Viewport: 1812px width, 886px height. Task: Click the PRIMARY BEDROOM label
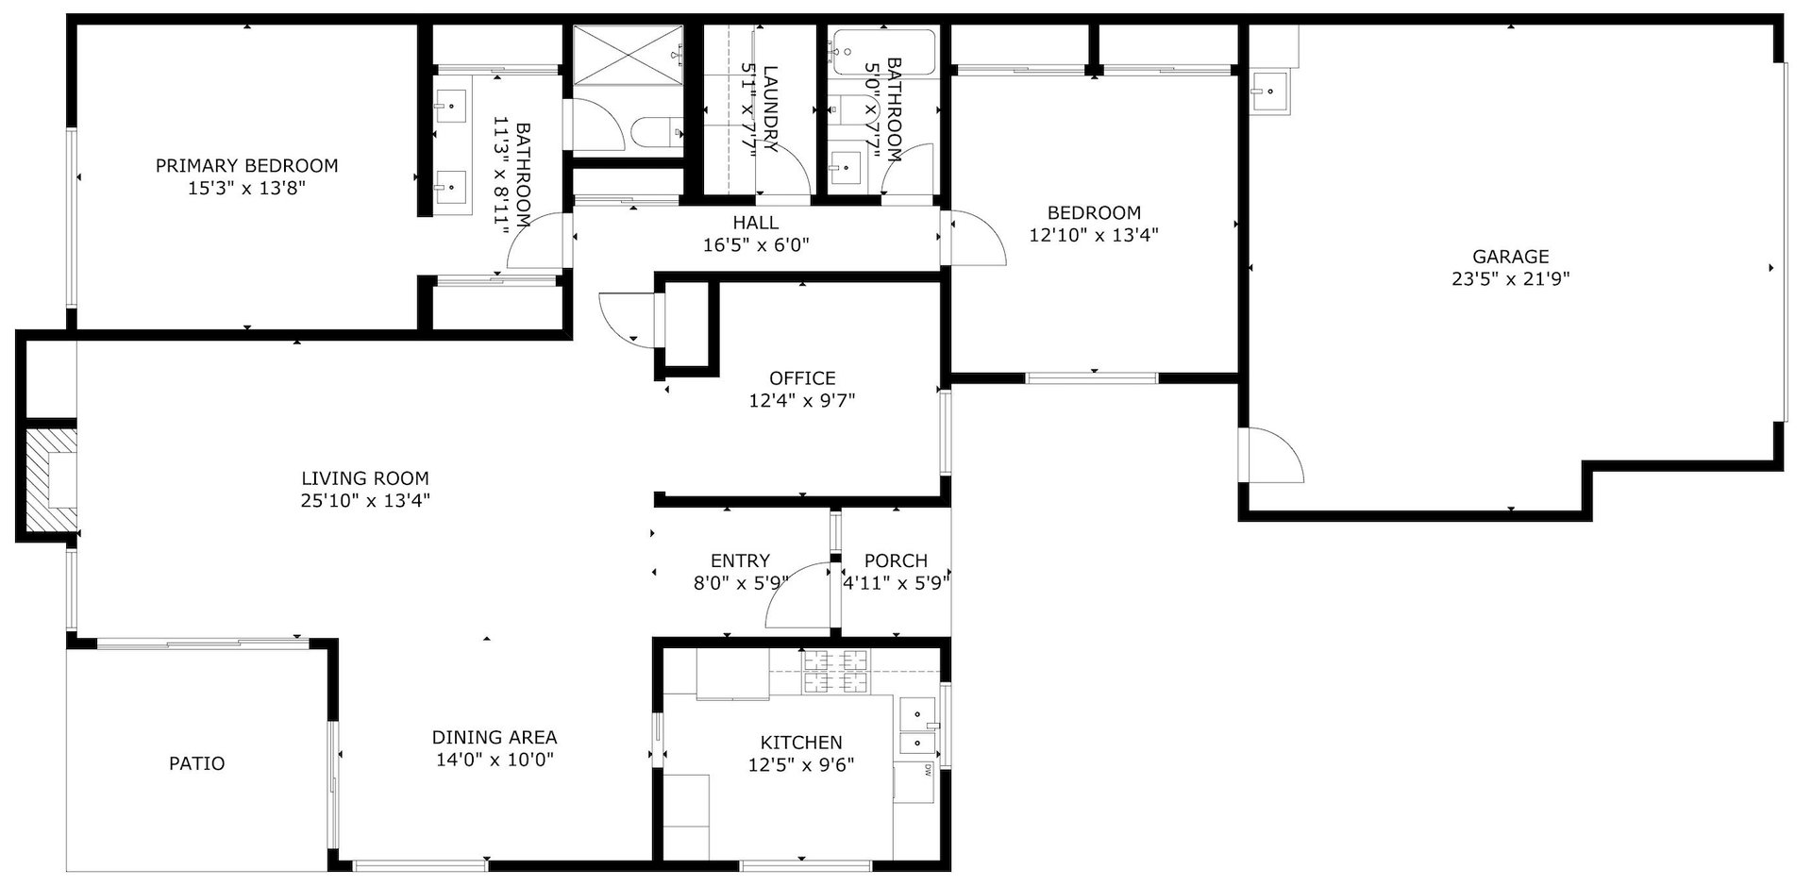(x=246, y=166)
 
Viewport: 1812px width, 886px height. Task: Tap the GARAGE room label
(x=1511, y=257)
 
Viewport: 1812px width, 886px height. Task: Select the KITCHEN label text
(x=801, y=744)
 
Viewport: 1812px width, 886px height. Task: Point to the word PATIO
(x=197, y=763)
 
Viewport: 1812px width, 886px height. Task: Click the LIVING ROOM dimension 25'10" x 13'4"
(x=365, y=501)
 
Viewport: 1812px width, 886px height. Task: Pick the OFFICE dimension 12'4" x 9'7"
(x=802, y=401)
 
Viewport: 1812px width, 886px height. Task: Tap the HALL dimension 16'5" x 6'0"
(x=756, y=245)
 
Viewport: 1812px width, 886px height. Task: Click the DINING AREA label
(x=495, y=738)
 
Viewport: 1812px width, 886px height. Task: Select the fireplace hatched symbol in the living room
(x=50, y=480)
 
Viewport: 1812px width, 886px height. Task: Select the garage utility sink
(x=1270, y=92)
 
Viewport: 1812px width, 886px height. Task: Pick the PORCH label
(x=896, y=561)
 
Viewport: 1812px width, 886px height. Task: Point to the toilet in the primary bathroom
(x=656, y=132)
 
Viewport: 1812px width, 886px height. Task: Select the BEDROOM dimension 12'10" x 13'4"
(x=1094, y=235)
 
